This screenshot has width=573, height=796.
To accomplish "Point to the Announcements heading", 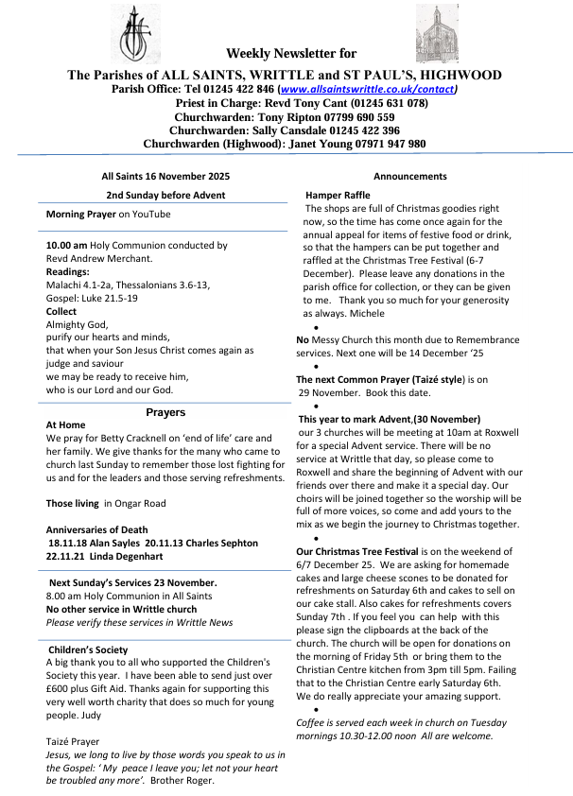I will pos(410,177).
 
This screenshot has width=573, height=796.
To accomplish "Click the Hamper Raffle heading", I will pos(338,195).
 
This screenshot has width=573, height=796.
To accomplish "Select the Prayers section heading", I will pos(165,412).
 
